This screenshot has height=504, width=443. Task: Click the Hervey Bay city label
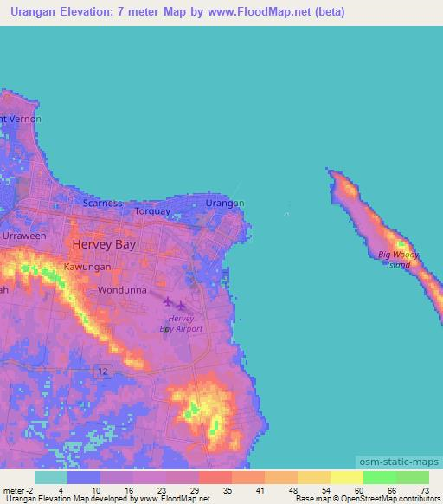103,245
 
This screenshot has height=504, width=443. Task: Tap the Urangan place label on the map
225,203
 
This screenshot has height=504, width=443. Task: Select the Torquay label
153,210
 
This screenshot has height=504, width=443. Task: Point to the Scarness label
102,204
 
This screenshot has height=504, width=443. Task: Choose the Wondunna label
121,290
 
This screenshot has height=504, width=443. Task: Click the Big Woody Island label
399,259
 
